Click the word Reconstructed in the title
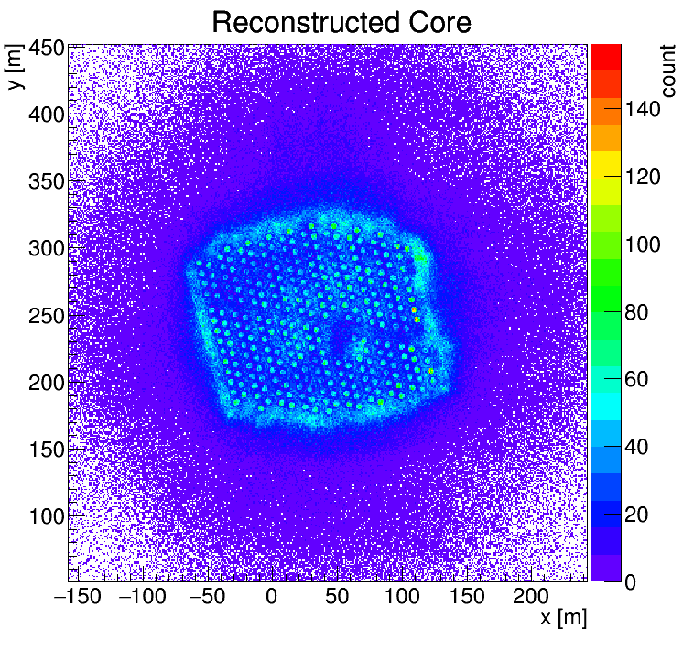306,23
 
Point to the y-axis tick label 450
47,49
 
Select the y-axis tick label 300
47,249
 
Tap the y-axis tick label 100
47,516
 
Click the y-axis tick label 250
47,316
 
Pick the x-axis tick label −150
78,596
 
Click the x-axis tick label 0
271,596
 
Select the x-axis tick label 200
530,596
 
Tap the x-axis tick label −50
207,596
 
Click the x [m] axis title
564,618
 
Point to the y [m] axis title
15,67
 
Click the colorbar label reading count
668,70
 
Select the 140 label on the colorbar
643,109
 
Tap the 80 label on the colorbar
637,312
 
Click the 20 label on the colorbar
637,515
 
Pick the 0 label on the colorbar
630,582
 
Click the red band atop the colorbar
605,58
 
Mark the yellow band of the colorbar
605,164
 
